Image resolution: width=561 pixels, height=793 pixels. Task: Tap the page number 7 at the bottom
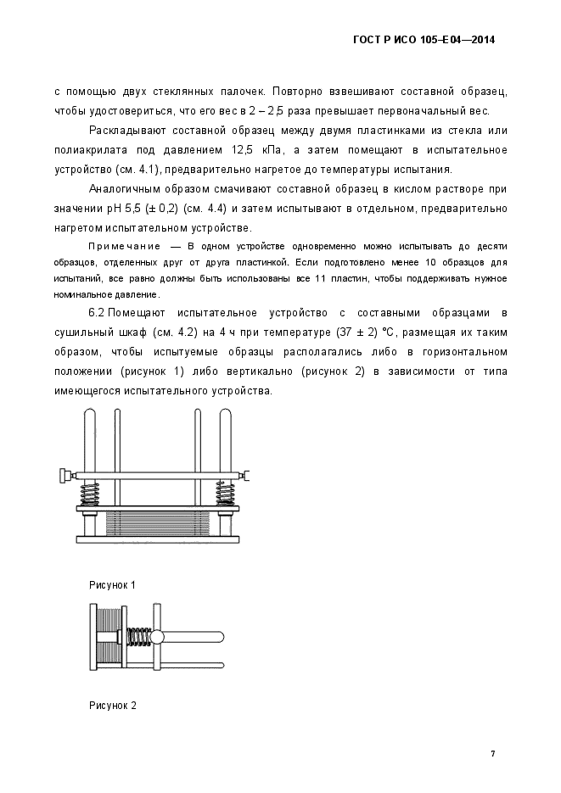point(492,753)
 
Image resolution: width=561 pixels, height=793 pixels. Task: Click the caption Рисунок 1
point(112,585)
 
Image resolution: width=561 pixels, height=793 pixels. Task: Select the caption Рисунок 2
point(112,705)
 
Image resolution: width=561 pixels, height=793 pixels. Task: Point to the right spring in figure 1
point(225,493)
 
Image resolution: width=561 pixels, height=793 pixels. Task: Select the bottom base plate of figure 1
point(159,539)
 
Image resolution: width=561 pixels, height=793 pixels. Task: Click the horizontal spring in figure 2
point(137,637)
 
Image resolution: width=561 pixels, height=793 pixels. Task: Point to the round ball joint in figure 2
point(156,637)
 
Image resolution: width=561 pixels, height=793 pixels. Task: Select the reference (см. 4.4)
point(222,209)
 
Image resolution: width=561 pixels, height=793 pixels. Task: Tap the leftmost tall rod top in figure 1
point(88,414)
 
